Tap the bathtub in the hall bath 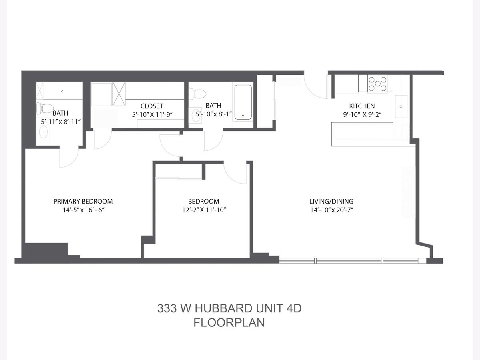tap(243, 102)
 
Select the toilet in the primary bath tap(45, 108)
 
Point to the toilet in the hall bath tap(197, 94)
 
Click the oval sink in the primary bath tap(43, 132)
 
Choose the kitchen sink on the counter tap(401, 106)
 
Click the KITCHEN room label tap(362, 106)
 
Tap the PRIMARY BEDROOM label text tap(83, 201)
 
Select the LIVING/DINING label tap(331, 201)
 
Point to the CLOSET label tap(152, 106)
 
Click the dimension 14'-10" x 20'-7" tap(332, 210)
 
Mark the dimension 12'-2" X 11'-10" tap(204, 210)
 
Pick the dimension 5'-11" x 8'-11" tap(61, 122)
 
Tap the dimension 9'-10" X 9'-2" tap(362, 115)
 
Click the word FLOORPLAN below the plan tap(229, 323)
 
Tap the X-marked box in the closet tap(119, 94)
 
